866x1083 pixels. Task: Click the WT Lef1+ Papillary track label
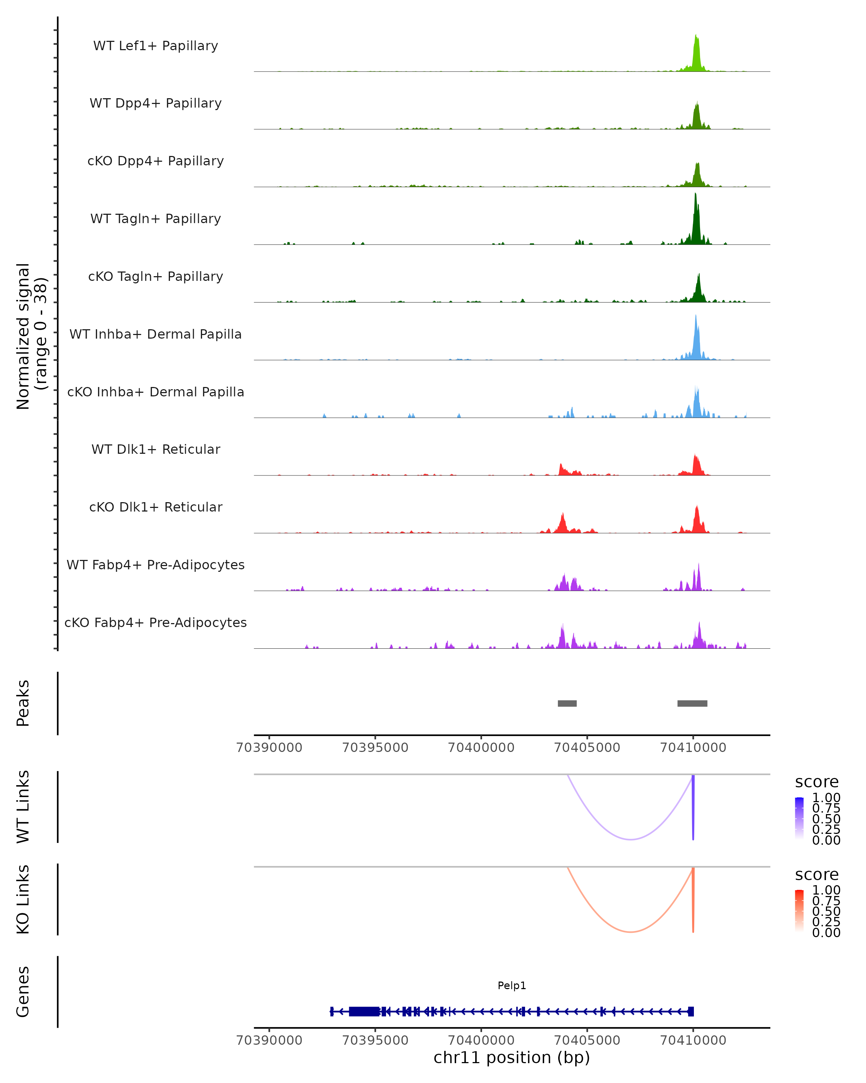[x=156, y=46]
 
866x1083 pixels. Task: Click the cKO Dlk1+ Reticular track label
[x=156, y=507]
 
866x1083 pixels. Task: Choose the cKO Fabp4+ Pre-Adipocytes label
[x=156, y=622]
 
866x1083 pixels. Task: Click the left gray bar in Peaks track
[x=567, y=703]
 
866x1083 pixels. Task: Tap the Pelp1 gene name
[x=512, y=986]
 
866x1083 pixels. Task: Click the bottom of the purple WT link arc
[x=630, y=839]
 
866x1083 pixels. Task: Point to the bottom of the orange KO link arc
[x=630, y=932]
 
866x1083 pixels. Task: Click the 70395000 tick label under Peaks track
[x=375, y=748]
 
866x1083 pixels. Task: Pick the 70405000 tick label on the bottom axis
[x=587, y=1040]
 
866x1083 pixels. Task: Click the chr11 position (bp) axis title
[x=512, y=1058]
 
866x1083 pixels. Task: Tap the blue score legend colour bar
[x=799, y=818]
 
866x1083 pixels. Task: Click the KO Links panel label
[x=23, y=899]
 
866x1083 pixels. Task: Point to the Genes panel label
[x=23, y=992]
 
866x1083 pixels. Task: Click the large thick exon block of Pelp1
[x=364, y=1011]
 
